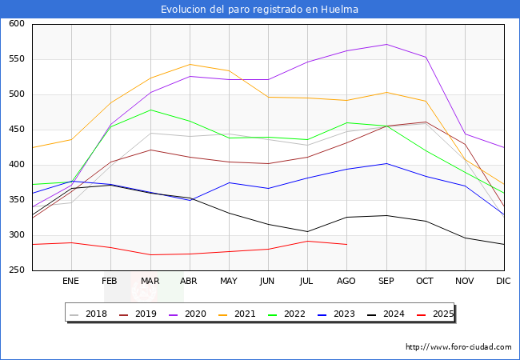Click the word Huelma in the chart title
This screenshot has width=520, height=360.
coord(339,9)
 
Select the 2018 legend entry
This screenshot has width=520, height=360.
coord(89,314)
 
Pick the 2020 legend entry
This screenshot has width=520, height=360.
coord(188,314)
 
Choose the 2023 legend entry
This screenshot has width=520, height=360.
coord(337,314)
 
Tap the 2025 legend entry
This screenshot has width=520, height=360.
coord(435,314)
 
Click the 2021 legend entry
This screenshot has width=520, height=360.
coord(238,314)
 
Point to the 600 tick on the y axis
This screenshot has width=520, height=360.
coord(17,23)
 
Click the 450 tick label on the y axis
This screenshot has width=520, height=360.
coord(17,130)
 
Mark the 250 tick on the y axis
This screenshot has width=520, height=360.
coord(17,270)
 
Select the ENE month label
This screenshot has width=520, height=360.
coord(70,281)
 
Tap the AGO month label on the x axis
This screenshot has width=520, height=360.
coord(346,281)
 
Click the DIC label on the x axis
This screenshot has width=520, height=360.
coord(503,281)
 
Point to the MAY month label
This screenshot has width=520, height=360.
coord(229,281)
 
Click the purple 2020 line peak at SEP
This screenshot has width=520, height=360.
coord(386,45)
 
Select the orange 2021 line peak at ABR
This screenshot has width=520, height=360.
coord(190,64)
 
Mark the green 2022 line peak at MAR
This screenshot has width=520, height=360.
coord(150,110)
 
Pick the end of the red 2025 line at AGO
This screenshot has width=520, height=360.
coord(347,244)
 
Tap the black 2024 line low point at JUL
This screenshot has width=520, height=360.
coord(308,231)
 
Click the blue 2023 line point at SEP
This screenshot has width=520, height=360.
coord(386,163)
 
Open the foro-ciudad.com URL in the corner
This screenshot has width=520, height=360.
coord(458,347)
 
